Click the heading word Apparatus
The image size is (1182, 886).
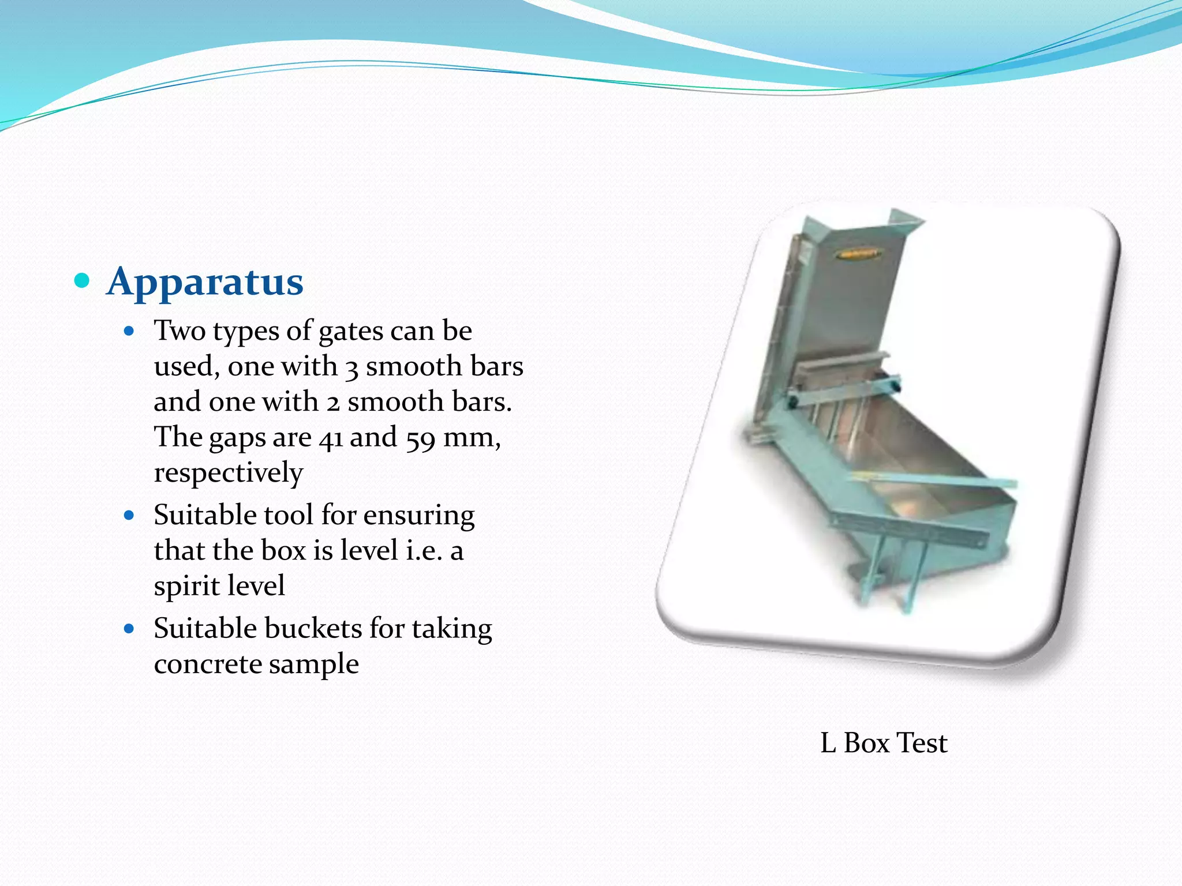(205, 282)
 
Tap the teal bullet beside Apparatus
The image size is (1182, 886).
(83, 281)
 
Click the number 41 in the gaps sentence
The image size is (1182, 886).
(331, 438)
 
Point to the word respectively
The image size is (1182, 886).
(228, 473)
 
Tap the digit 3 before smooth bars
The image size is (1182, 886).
(351, 367)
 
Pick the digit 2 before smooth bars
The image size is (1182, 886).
(333, 403)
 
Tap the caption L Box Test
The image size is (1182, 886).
(884, 743)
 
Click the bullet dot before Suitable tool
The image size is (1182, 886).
(129, 515)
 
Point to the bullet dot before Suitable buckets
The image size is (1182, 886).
(129, 629)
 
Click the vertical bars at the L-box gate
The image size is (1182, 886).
(831, 418)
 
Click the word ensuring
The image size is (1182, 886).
(419, 515)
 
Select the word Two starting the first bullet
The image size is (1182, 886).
(179, 331)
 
